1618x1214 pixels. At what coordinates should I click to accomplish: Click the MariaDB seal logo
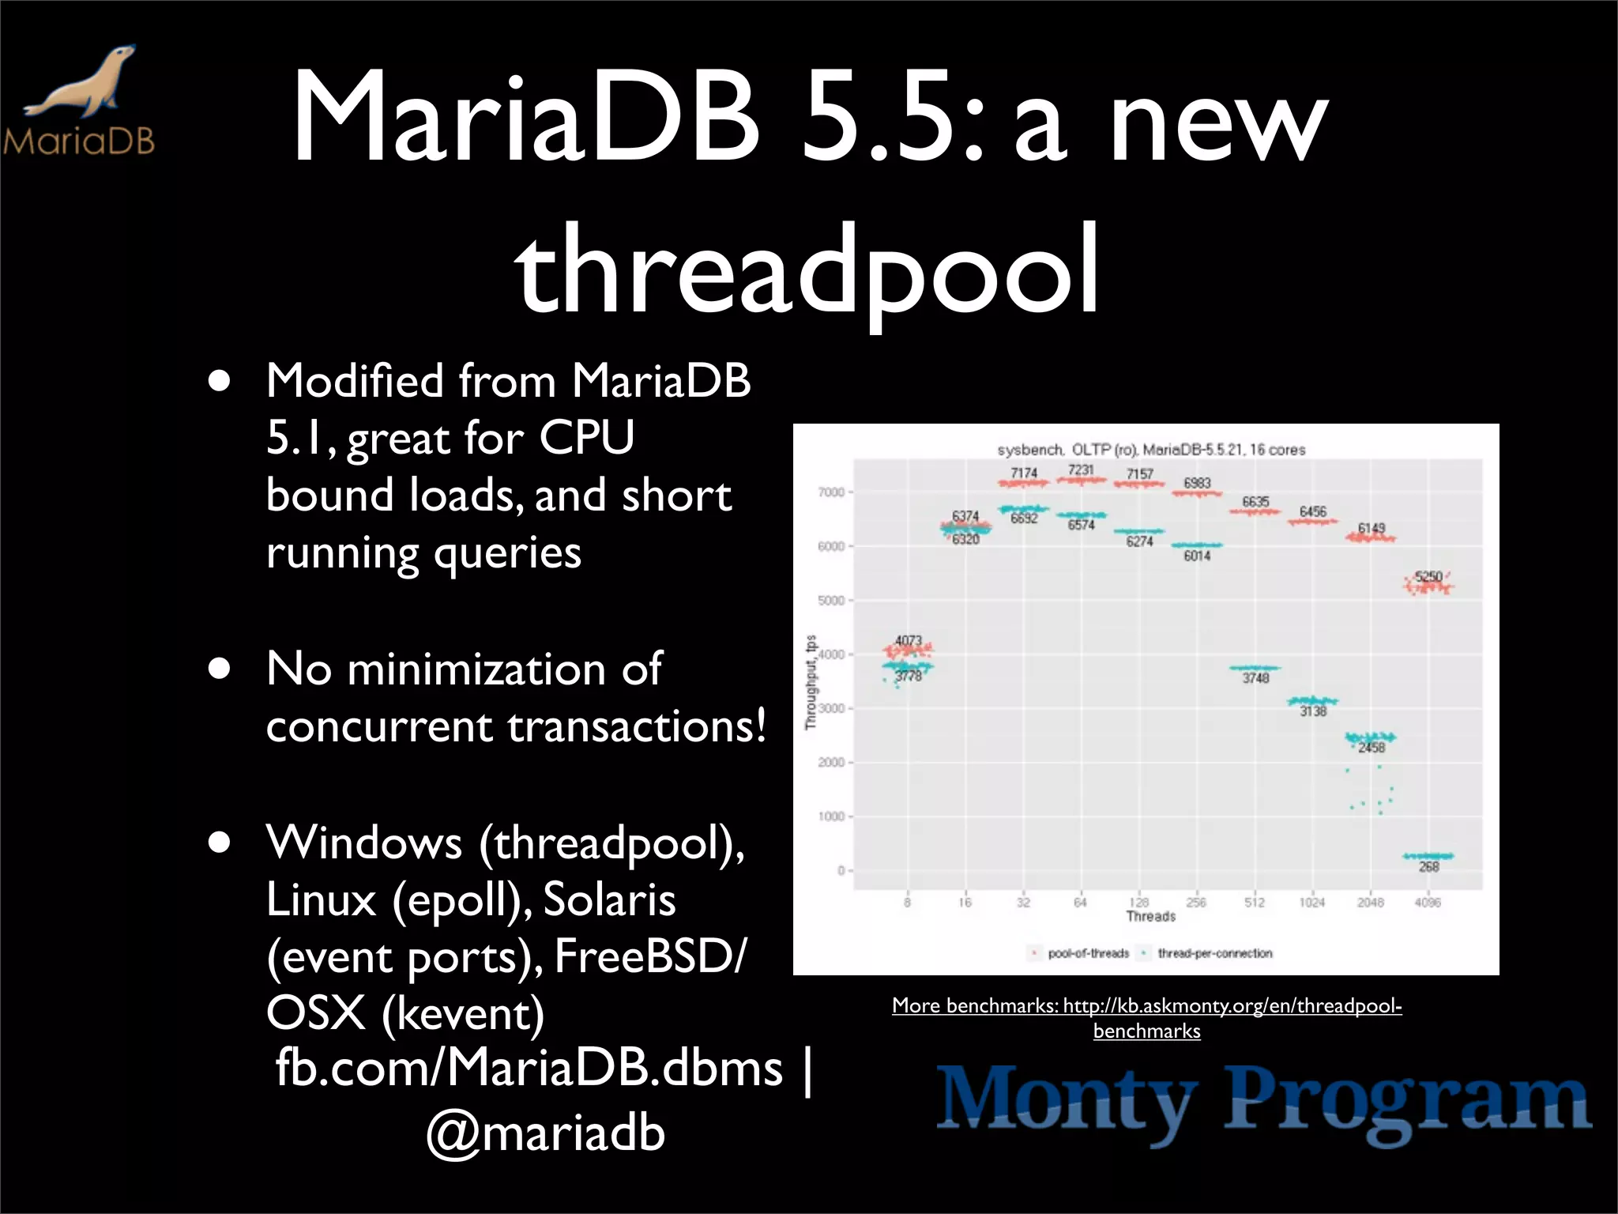click(79, 99)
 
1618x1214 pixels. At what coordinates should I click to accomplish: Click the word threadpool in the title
click(807, 269)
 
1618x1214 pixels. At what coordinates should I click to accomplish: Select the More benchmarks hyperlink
click(1146, 1017)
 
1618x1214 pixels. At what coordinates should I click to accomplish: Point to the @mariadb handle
click(546, 1132)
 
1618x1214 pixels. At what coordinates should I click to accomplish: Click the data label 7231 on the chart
click(1081, 470)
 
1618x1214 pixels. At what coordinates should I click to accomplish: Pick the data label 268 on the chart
click(1428, 867)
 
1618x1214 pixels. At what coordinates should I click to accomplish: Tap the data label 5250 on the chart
click(1428, 576)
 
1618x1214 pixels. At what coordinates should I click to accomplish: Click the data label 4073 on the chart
click(909, 640)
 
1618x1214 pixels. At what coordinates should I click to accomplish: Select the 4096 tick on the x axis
click(1428, 903)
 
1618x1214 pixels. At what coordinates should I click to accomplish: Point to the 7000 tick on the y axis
click(831, 492)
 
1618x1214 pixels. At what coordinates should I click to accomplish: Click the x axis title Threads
click(1150, 917)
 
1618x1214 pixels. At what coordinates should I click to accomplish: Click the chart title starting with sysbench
click(1151, 450)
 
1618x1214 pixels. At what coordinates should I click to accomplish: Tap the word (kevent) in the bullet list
click(462, 1013)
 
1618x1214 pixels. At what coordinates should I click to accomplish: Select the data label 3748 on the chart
click(1255, 678)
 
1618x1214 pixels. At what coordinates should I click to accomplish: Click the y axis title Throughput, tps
click(811, 682)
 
